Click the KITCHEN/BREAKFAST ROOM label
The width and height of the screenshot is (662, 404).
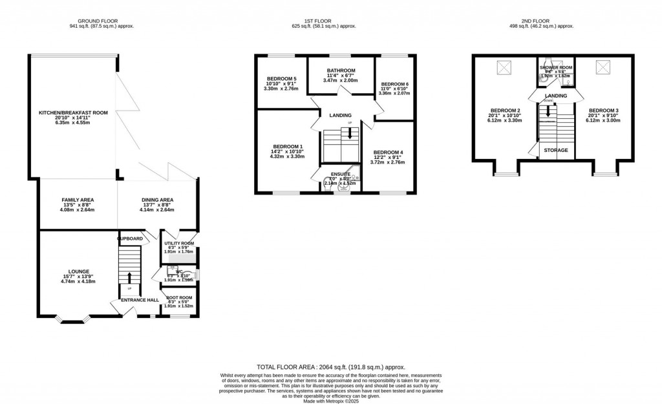[72, 112]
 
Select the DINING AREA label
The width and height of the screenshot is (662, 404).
[157, 200]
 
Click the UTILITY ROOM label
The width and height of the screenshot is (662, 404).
[179, 244]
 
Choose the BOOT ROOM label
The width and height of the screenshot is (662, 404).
[179, 298]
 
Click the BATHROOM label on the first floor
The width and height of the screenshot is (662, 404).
[341, 70]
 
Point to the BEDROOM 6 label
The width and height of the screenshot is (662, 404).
[394, 84]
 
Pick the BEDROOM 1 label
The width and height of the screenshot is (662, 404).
[288, 147]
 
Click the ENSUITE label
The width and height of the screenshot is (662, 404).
[340, 174]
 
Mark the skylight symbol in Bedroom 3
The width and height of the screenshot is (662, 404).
[603, 67]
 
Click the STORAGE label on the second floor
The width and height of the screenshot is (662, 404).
[556, 151]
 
